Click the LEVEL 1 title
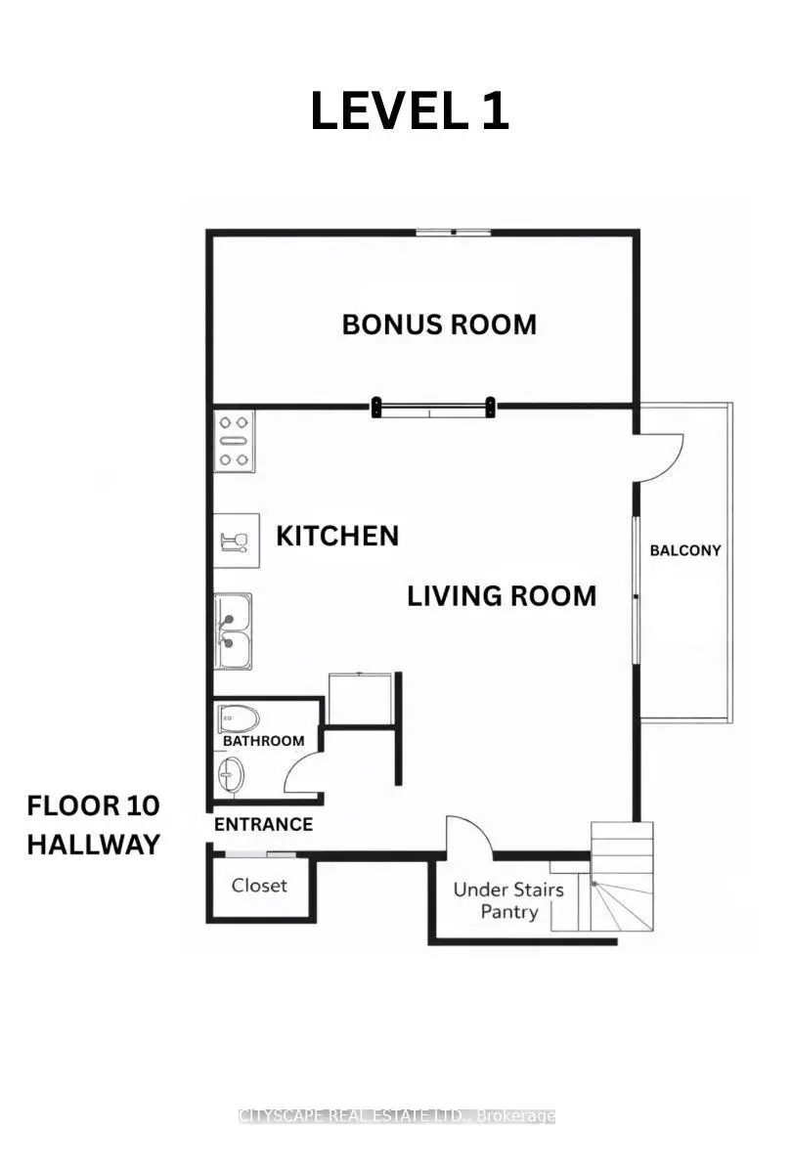(x=410, y=111)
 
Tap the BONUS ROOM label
(x=439, y=325)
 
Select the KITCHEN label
(x=337, y=536)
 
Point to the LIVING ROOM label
(x=502, y=596)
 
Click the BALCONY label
(x=685, y=550)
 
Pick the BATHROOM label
(x=263, y=741)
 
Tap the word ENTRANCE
(x=263, y=824)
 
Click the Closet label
(x=259, y=886)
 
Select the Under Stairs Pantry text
(x=508, y=900)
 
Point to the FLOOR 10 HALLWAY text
(x=93, y=825)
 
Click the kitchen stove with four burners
(x=234, y=441)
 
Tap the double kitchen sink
(x=233, y=631)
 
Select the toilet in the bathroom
(x=239, y=719)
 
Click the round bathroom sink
(x=231, y=774)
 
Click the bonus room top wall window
(x=454, y=232)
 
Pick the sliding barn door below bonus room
(x=433, y=408)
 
